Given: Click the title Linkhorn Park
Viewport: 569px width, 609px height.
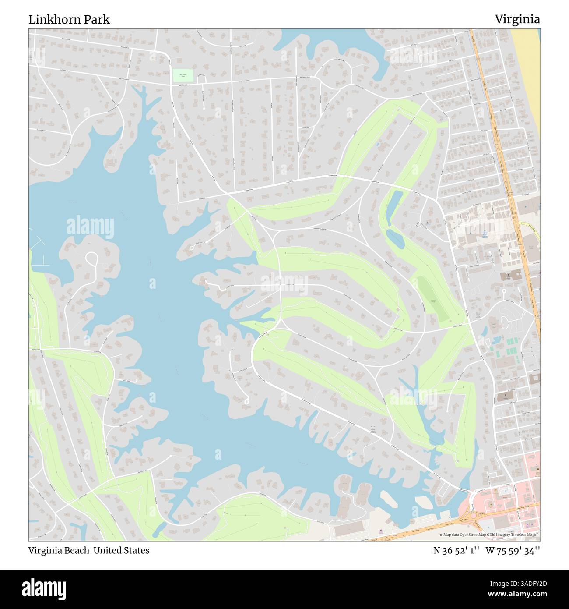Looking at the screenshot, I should pyautogui.click(x=69, y=19).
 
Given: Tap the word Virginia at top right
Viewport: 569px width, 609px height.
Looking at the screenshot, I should pyautogui.click(x=517, y=19).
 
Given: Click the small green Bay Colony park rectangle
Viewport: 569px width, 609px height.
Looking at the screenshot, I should pyautogui.click(x=182, y=75).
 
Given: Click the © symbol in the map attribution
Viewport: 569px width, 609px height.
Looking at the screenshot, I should pyautogui.click(x=441, y=535).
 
